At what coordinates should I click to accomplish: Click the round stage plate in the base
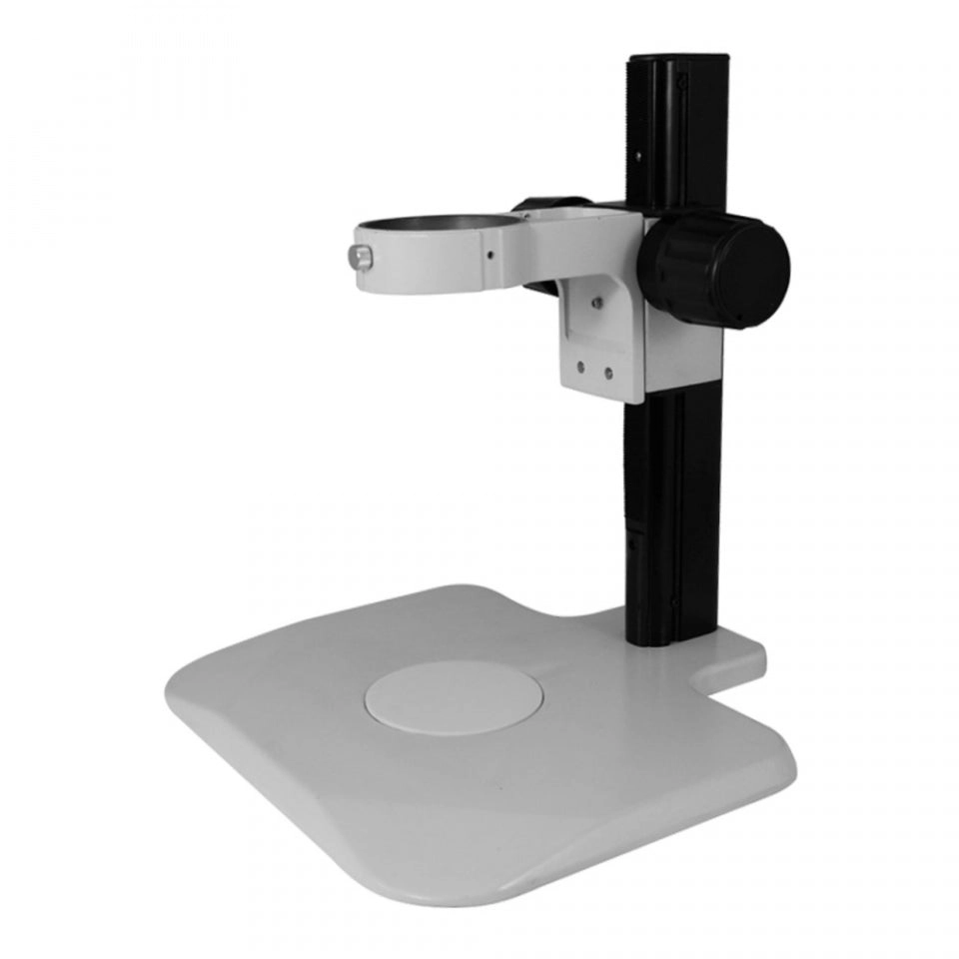454,696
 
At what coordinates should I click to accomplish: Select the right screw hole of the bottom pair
607,374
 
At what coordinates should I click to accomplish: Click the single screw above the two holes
596,300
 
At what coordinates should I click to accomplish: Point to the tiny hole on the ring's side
489,254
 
